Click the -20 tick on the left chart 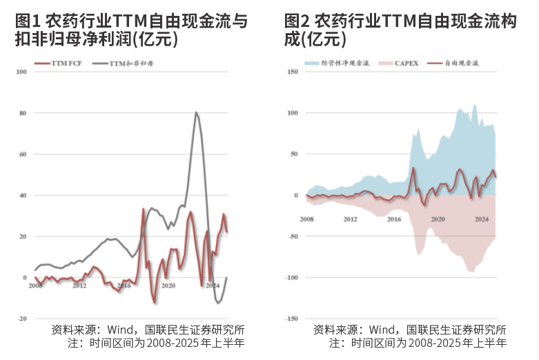coord(22,319)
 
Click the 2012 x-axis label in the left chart coord(79,285)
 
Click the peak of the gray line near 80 coord(196,112)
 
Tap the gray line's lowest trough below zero coord(219,303)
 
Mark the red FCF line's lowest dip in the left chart coord(155,302)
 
